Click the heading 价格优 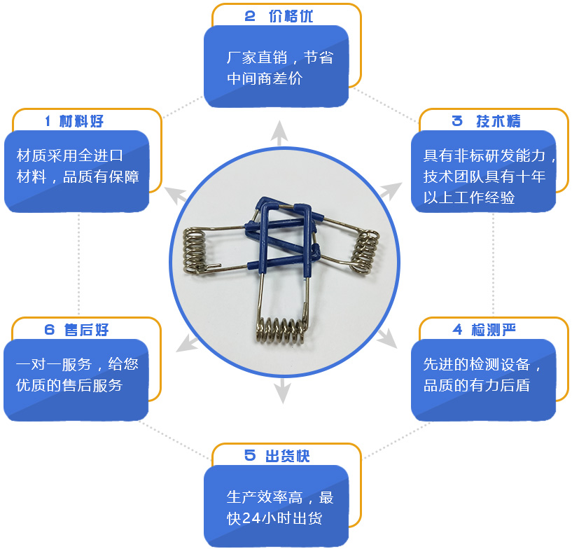pos(291,16)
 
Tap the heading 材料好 pos(81,121)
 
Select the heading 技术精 pos(498,121)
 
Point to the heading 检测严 pos(494,330)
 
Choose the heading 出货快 pos(288,456)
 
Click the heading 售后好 pos(86,330)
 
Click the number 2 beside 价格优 pos(250,16)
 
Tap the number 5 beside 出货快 pos(250,456)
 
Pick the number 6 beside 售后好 pos(50,330)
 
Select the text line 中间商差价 pos(265,78)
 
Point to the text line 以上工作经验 pos(469,197)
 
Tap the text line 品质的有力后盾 pos(476,385)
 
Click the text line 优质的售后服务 pos(69,385)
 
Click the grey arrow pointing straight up pos(279,133)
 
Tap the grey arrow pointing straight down pos(282,391)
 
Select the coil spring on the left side pos(194,250)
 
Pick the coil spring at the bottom pos(281,331)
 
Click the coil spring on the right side pos(365,251)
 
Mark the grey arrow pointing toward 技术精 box pos(391,190)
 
